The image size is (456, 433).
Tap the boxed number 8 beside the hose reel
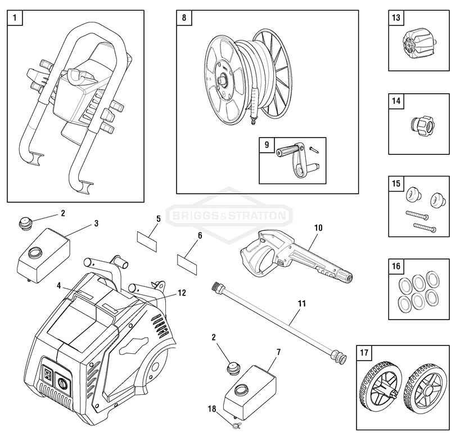click(184, 17)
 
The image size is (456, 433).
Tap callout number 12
click(182, 292)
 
